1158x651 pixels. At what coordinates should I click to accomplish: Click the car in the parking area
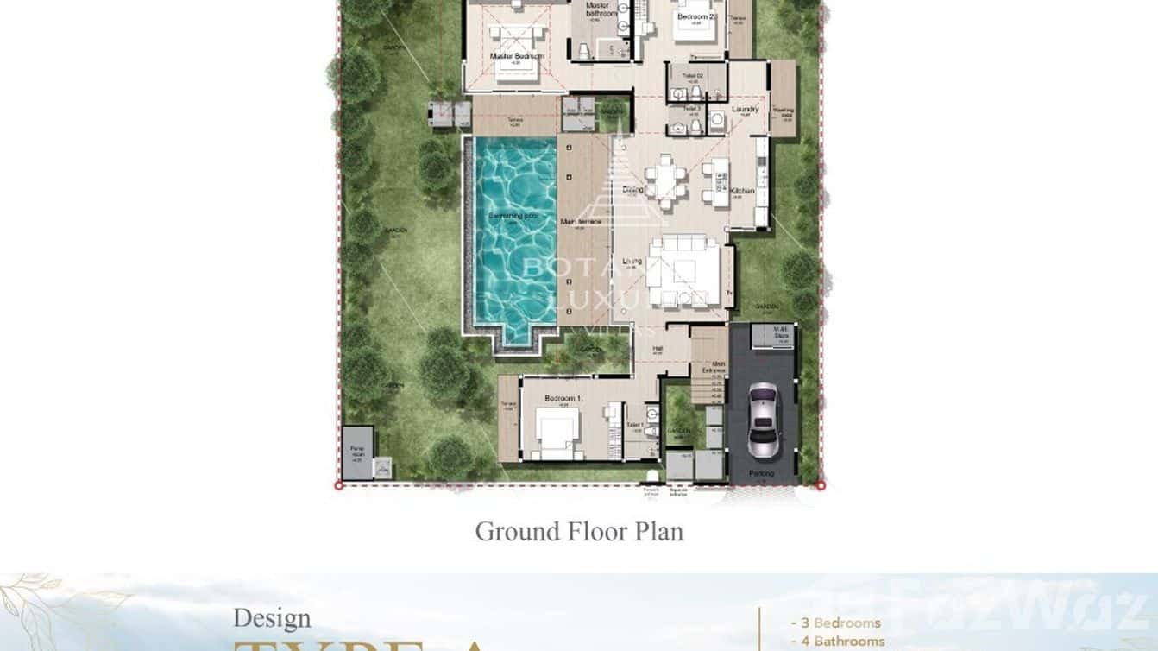tap(762, 420)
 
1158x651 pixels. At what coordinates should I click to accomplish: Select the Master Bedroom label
tap(517, 57)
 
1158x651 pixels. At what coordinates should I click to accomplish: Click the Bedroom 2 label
tap(694, 16)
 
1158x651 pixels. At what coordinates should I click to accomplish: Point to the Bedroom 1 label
tap(563, 398)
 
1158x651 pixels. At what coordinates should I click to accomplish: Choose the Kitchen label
tap(742, 191)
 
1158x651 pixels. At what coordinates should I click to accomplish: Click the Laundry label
tap(745, 109)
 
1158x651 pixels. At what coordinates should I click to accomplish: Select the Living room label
tap(632, 261)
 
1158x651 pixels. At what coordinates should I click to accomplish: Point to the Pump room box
tap(358, 453)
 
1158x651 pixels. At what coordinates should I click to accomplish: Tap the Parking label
tap(761, 473)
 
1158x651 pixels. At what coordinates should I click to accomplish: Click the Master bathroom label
tap(601, 9)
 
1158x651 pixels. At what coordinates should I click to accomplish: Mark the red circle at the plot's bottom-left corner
tap(338, 486)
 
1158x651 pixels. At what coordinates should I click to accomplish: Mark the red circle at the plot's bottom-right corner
tap(821, 486)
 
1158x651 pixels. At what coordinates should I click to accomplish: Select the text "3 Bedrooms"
tap(835, 623)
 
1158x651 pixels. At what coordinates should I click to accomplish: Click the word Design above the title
tap(272, 618)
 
